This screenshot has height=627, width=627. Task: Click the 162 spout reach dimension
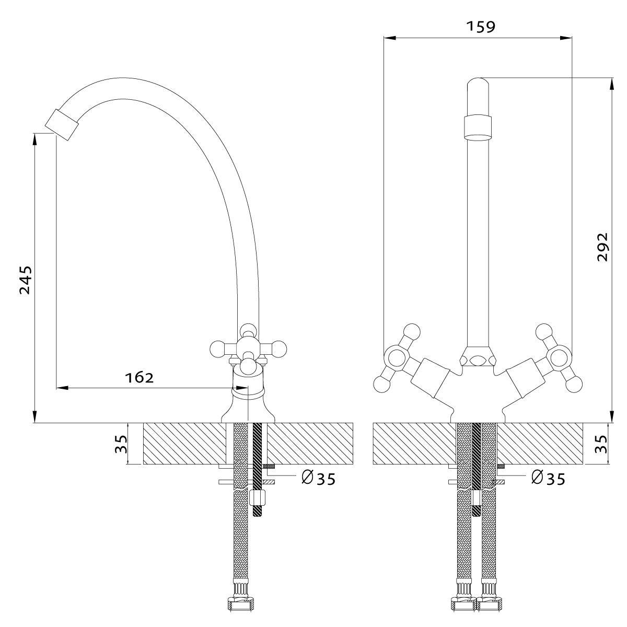(x=140, y=377)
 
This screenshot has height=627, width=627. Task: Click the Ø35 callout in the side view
(x=318, y=478)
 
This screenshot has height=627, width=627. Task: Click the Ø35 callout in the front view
(x=548, y=478)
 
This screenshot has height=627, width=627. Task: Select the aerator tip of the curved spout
(x=61, y=124)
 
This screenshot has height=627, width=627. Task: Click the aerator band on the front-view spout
(x=478, y=127)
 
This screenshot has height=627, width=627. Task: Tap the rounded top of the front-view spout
(x=478, y=84)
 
